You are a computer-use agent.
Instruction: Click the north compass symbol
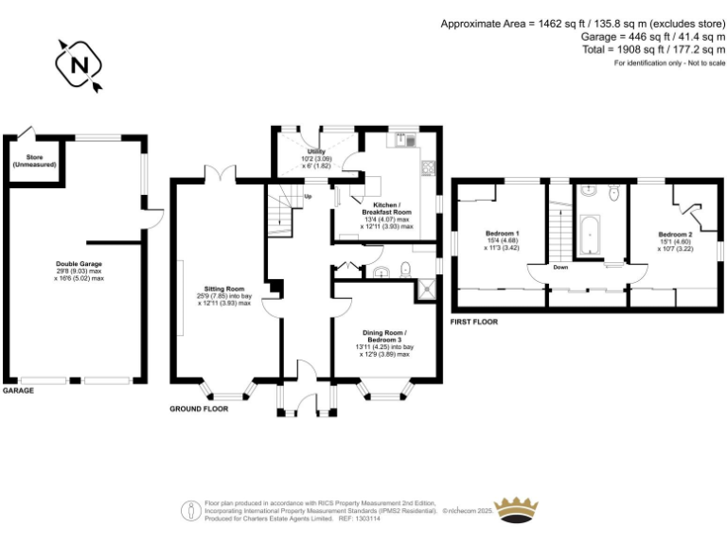(x=80, y=66)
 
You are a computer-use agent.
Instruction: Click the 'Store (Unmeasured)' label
(x=33, y=161)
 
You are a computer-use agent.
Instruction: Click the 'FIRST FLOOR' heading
(x=475, y=322)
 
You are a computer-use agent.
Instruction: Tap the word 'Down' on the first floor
(x=560, y=268)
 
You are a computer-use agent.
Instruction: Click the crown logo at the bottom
(x=516, y=509)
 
